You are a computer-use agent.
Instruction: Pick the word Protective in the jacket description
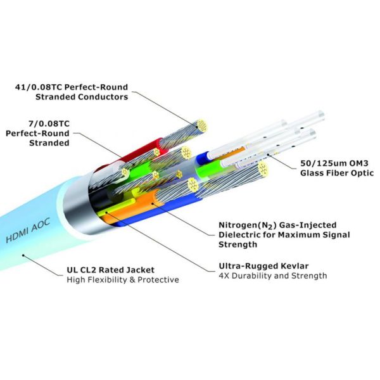point(159,280)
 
